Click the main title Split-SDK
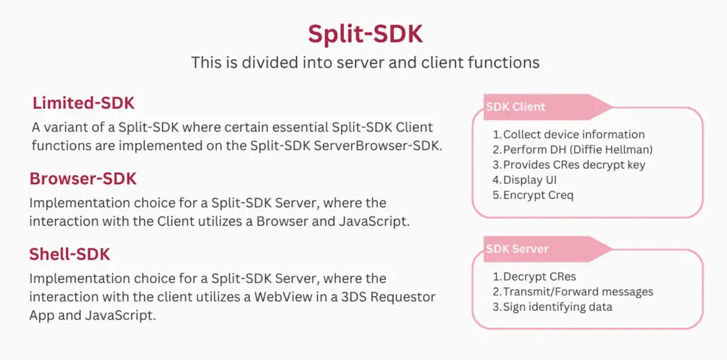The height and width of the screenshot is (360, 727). point(365,34)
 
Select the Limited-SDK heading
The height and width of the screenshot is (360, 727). point(83,103)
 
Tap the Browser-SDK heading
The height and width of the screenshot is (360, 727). point(83,179)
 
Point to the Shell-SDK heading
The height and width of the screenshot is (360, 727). point(70,254)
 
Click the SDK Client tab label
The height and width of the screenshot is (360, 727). point(516,107)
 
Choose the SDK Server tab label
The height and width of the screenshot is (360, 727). point(518,249)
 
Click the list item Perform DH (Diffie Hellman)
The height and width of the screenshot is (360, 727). point(573,149)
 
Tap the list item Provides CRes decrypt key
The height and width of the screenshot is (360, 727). point(569,165)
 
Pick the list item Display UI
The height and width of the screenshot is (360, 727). point(524,180)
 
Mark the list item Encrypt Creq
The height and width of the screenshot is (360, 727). point(533,195)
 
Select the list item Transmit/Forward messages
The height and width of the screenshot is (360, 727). point(573,292)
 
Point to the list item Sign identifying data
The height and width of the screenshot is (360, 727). point(552,307)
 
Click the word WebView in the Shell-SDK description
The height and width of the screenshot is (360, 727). point(283,297)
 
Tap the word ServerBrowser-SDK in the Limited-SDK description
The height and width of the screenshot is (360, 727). point(378,146)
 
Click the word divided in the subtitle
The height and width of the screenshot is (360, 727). point(270,62)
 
